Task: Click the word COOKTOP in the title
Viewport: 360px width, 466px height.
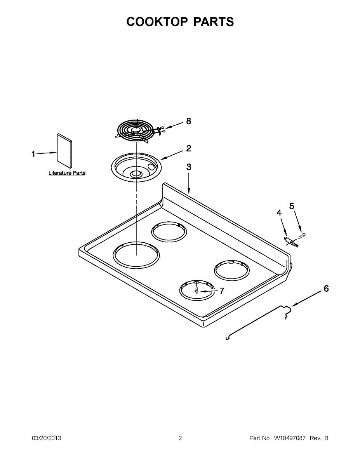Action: pos(157,22)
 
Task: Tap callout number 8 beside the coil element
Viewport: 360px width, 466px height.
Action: pos(188,122)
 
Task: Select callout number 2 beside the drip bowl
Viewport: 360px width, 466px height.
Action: pos(188,148)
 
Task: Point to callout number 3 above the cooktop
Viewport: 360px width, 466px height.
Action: pos(188,167)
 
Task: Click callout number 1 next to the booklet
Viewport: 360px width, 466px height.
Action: pos(33,154)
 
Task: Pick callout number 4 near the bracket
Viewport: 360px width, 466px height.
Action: pos(279,213)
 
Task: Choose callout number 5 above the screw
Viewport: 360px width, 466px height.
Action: pos(292,206)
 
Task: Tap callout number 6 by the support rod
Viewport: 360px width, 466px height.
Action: pos(326,289)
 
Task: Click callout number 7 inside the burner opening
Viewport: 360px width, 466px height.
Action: pos(222,291)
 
